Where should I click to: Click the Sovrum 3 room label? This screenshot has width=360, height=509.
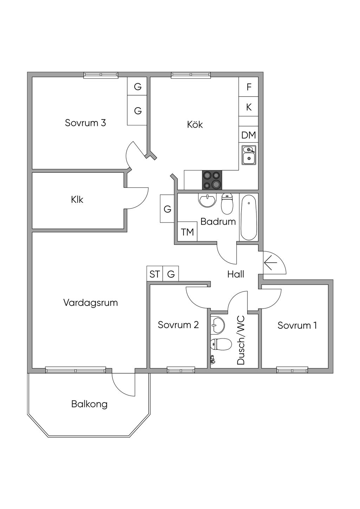(85, 123)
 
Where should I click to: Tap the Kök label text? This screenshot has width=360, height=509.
(195, 124)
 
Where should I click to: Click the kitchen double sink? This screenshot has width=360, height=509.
(249, 155)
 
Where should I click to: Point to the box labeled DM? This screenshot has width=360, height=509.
(249, 135)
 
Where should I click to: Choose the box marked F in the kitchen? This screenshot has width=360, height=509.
(249, 87)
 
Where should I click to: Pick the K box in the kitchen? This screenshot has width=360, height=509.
(249, 107)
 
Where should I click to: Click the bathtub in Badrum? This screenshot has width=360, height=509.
(249, 217)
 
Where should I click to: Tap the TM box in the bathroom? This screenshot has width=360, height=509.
(187, 232)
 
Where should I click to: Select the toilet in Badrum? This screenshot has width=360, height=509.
(227, 204)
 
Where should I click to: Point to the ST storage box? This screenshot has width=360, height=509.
(155, 274)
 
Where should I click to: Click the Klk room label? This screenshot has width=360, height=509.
(77, 200)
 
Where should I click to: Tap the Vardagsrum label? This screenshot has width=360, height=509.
(90, 303)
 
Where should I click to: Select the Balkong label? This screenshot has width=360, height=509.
(89, 404)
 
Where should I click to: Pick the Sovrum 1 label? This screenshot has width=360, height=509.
(297, 326)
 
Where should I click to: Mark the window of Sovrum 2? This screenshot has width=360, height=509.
(181, 370)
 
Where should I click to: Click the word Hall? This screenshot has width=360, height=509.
(236, 274)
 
